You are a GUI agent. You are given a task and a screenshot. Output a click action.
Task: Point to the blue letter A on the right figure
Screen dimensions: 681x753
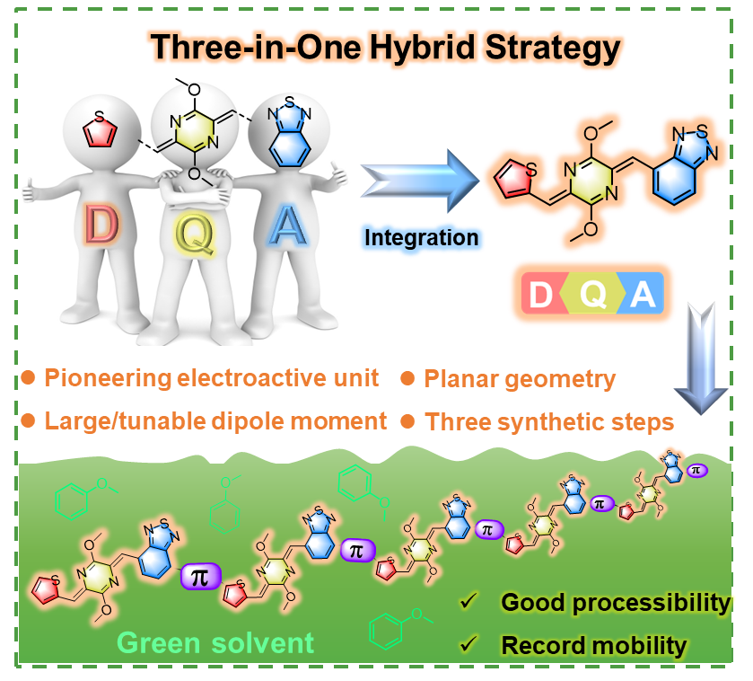coord(289,226)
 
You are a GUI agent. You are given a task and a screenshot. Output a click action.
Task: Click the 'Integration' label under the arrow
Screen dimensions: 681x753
coord(421,237)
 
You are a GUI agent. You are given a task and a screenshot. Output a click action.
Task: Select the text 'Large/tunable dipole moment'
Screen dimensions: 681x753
coord(215,420)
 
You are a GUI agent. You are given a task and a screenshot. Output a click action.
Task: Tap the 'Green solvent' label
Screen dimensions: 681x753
coord(216,642)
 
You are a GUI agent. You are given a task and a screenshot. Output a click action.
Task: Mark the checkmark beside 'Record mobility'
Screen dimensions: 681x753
coord(467,644)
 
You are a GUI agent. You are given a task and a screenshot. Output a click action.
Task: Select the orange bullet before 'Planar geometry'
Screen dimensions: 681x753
coord(407,379)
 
